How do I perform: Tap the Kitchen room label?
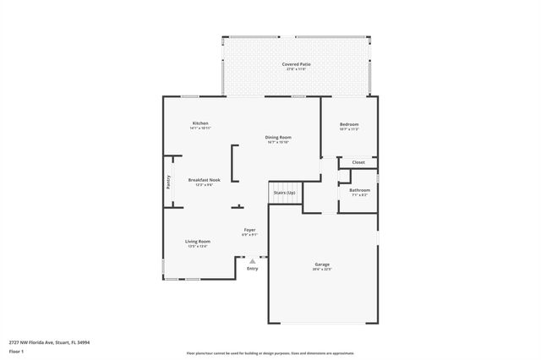[x=200, y=123]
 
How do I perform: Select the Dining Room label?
[x=278, y=137]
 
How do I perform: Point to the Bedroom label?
[x=349, y=123]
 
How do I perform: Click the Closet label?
[x=358, y=161]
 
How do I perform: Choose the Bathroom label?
[x=359, y=190]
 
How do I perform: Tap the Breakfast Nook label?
[x=204, y=179]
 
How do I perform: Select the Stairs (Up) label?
[x=285, y=193]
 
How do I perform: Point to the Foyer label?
[x=249, y=229]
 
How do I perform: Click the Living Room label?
[x=198, y=241]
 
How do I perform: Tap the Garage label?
[x=323, y=265]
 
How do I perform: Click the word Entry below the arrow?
[x=252, y=269]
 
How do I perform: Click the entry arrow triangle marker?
[x=252, y=261]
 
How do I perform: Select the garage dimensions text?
[x=323, y=270]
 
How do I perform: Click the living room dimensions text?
[x=198, y=246]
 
